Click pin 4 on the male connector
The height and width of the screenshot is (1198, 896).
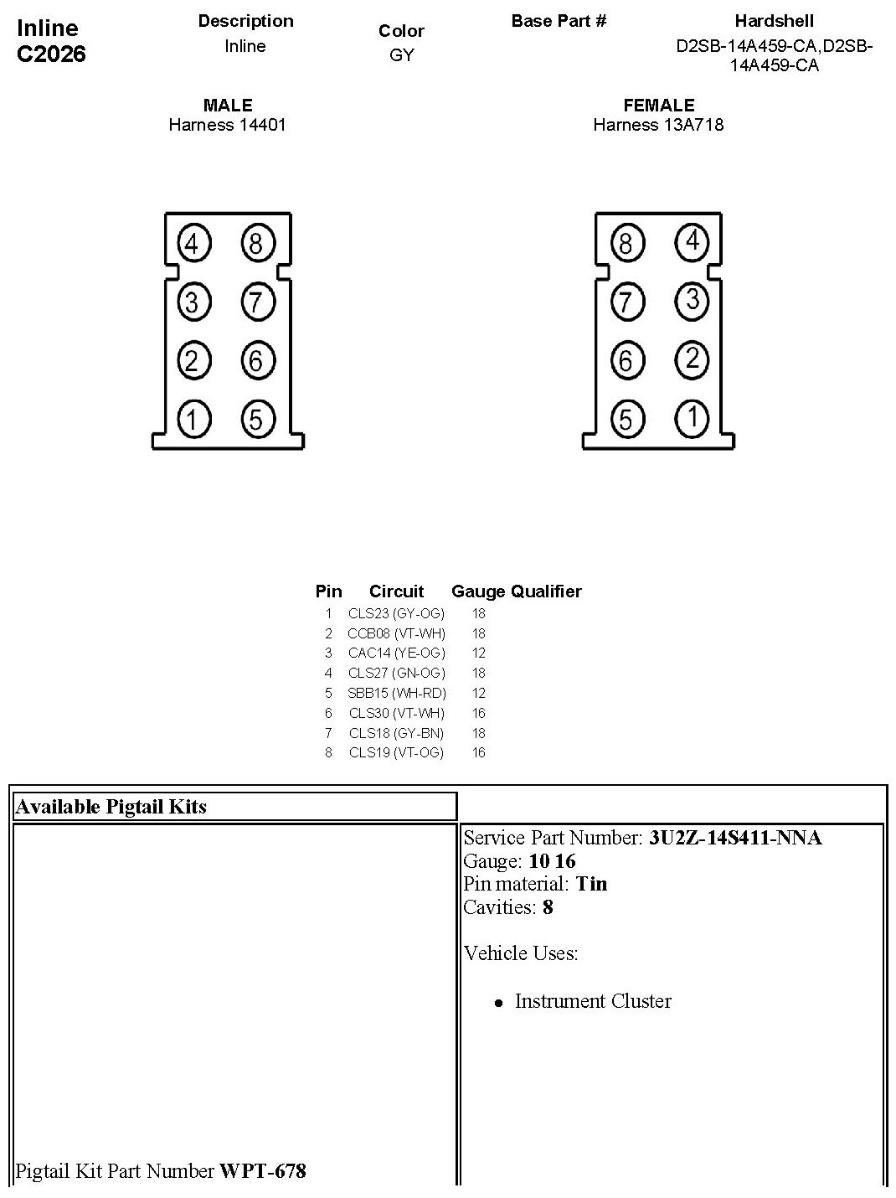[193, 244]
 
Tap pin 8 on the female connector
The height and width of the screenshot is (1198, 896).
[626, 244]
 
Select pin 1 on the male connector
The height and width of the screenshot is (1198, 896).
[193, 418]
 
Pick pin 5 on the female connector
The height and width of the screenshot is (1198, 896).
[626, 418]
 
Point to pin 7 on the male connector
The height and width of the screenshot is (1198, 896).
[257, 302]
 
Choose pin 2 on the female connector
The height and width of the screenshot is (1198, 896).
[692, 359]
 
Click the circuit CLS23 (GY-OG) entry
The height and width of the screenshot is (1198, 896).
[397, 613]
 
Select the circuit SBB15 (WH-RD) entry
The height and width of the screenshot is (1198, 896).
[397, 693]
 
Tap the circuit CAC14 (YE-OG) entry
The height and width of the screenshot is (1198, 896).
[397, 653]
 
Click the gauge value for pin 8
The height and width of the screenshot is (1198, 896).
[479, 752]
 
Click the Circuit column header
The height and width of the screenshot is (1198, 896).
[397, 591]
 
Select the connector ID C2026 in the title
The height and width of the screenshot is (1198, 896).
[51, 54]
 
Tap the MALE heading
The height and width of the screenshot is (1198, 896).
[228, 106]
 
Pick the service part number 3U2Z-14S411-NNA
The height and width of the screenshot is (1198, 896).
[735, 838]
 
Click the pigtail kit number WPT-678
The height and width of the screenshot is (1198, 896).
[263, 1170]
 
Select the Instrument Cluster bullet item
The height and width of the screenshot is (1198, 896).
[593, 1001]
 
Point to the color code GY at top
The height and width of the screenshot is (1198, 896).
[402, 55]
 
